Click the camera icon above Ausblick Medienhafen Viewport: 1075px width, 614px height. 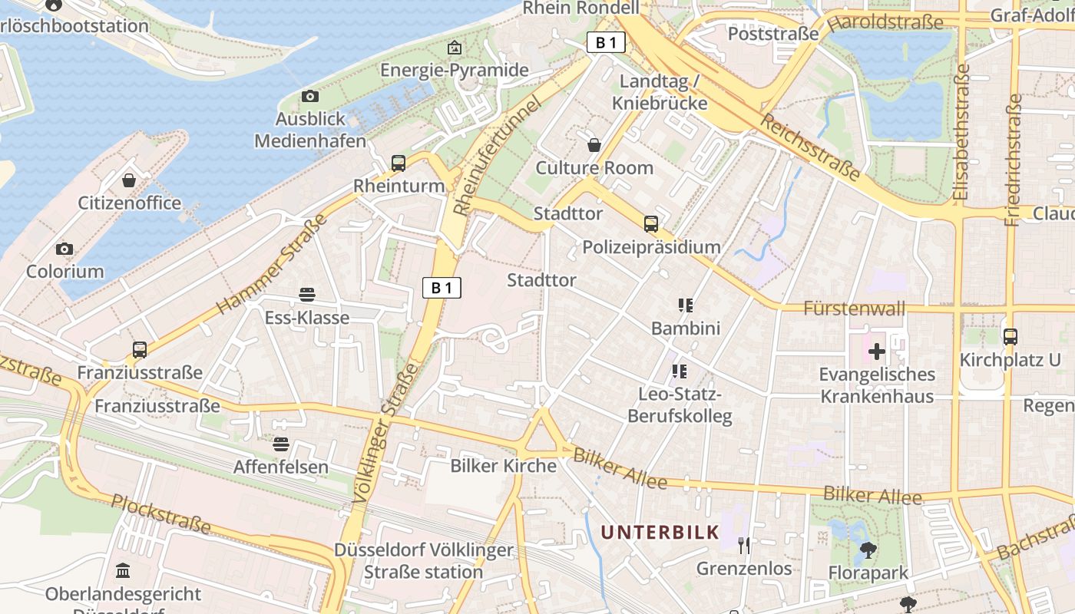pos(309,96)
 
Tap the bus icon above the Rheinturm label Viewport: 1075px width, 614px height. pos(398,163)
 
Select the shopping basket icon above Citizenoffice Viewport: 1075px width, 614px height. pos(129,180)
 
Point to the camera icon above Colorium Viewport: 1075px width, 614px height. pos(64,249)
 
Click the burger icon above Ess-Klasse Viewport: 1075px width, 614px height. pos(307,294)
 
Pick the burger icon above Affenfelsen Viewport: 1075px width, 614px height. pos(280,444)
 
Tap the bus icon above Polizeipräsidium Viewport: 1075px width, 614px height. pos(651,223)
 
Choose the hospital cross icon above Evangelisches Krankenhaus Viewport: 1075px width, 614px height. pos(876,352)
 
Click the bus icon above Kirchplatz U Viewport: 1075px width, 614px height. pos(1011,336)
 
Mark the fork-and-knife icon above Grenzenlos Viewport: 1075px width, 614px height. pos(743,545)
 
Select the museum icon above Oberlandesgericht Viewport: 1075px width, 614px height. pos(123,570)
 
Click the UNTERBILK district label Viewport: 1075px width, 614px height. pos(660,532)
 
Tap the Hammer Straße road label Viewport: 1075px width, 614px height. pos(272,264)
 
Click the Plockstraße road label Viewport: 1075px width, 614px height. pos(160,513)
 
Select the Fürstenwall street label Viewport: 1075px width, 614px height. pos(854,309)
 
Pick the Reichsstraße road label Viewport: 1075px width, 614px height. pos(810,147)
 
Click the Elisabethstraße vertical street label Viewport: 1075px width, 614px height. pos(961,132)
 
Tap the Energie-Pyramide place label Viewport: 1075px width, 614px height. pos(455,70)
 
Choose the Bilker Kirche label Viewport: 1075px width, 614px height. pos(503,466)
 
